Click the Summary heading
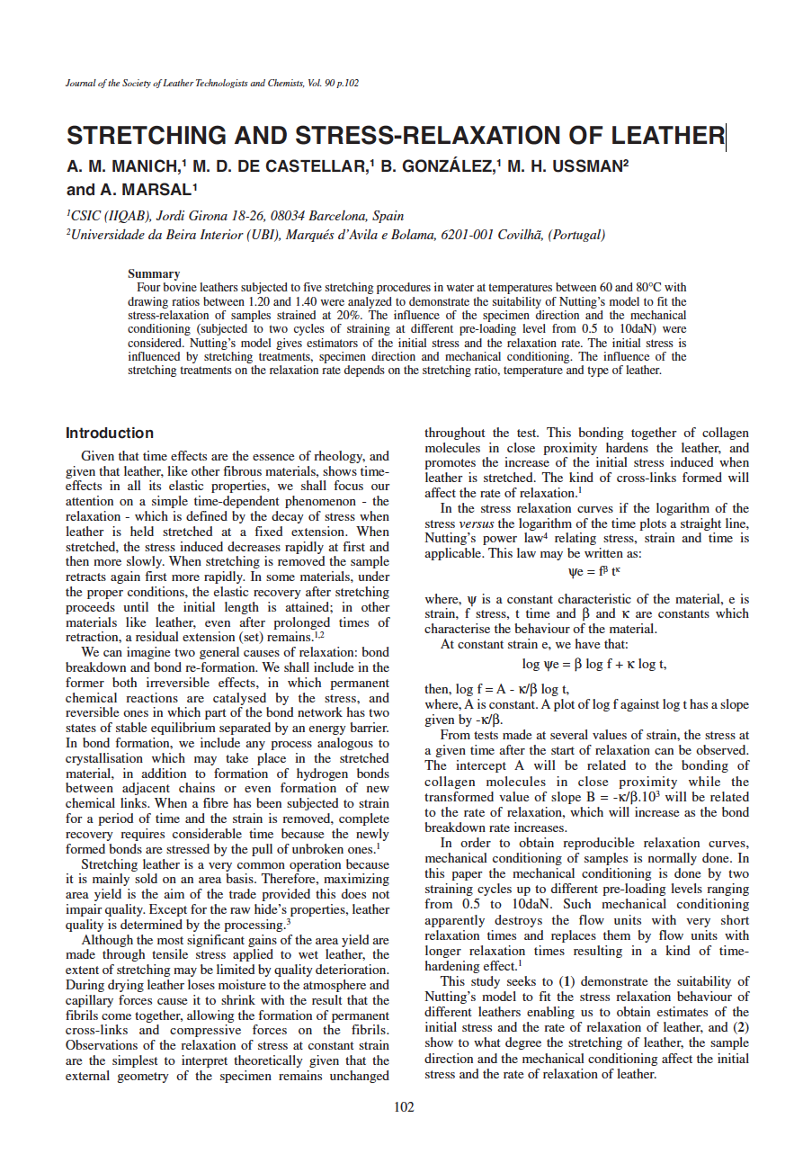pyautogui.click(x=154, y=273)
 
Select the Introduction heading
pyautogui.click(x=110, y=433)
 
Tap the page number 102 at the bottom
pyautogui.click(x=405, y=1107)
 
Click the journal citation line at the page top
pyautogui.click(x=212, y=83)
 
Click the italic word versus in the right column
pyautogui.click(x=476, y=523)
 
